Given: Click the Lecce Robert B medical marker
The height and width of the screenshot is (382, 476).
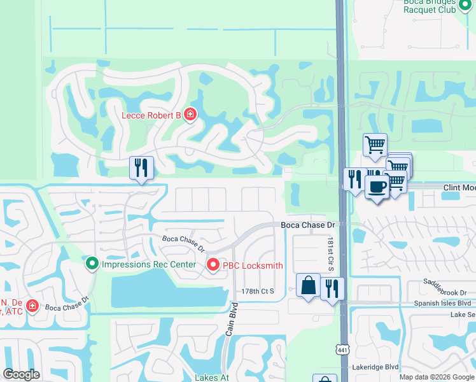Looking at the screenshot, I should click(x=190, y=115).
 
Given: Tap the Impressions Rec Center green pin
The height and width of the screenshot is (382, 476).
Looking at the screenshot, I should click(x=92, y=263).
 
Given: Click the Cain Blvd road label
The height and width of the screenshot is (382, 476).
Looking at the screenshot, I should click(x=232, y=323).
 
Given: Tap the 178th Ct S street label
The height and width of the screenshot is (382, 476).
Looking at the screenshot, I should click(x=257, y=291).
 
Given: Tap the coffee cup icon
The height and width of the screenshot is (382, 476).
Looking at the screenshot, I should click(x=377, y=187).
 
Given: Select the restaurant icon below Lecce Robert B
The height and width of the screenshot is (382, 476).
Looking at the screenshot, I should click(x=141, y=167).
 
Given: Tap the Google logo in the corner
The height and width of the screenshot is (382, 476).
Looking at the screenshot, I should click(x=21, y=374).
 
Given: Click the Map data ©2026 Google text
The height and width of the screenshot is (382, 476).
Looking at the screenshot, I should click(x=437, y=377).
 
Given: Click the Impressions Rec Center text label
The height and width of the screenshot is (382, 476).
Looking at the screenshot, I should click(x=149, y=264).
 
